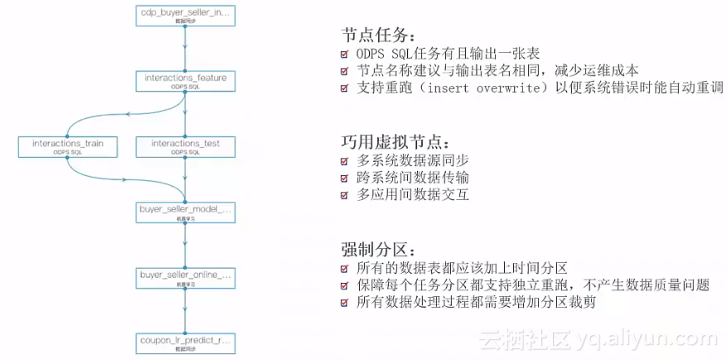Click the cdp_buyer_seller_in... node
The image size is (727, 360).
coord(185,16)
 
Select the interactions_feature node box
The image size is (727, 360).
coord(185,80)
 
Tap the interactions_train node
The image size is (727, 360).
coord(67,147)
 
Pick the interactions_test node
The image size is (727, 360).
coord(185,147)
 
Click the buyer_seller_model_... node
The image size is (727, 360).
coord(185,212)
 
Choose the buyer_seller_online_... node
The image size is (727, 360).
coord(185,276)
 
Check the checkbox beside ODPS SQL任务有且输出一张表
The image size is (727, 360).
coord(345,55)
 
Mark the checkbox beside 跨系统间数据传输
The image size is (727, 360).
coord(345,178)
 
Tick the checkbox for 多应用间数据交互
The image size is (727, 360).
coord(345,196)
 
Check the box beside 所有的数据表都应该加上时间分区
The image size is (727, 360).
coord(345,268)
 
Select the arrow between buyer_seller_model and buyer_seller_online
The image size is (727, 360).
coord(185,245)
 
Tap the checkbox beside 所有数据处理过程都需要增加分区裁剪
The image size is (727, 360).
coord(345,303)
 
